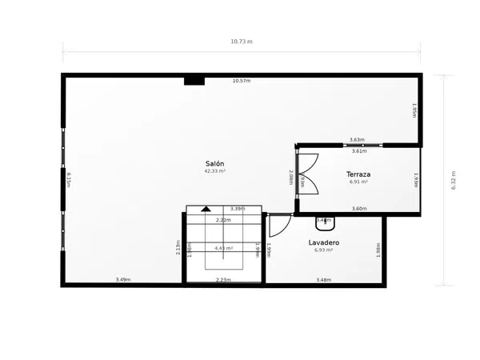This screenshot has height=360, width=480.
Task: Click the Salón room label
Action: coord(214,163)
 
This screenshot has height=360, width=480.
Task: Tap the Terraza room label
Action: coord(358,174)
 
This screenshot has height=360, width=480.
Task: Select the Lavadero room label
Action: coord(324,242)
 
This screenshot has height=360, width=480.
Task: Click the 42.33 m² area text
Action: coord(214,171)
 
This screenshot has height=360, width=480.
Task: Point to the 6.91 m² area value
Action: coord(358,182)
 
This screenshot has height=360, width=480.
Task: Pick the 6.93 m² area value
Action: coord(324,250)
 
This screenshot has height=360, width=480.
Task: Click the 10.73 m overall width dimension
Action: coord(241,42)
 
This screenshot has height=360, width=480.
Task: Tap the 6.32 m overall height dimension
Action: coord(454,181)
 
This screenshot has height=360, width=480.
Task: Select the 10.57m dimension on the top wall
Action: coord(241,81)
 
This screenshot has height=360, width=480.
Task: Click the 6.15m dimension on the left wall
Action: coord(70,180)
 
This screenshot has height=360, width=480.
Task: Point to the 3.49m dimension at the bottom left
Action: coord(122,279)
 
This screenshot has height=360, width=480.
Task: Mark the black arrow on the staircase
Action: coord(206,209)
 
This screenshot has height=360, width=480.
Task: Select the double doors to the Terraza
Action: coord(307,174)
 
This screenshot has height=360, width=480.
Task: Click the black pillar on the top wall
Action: coord(194,81)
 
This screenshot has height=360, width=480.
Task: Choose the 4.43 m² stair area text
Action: coord(223,248)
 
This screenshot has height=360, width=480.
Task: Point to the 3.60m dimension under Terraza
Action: coord(359,209)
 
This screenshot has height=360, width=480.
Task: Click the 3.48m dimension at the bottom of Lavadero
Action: coord(324,279)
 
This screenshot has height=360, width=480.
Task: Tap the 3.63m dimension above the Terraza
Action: coord(357,140)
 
